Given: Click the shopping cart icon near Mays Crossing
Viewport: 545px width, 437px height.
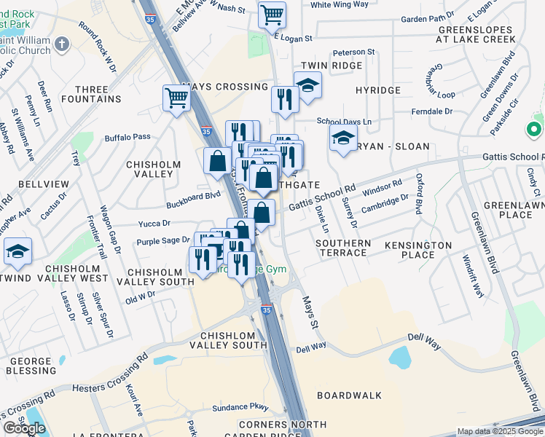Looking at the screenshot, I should coord(177,99).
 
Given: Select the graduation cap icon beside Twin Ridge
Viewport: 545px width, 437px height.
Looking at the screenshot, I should coord(308,85).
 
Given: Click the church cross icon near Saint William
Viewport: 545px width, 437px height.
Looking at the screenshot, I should coord(62,43).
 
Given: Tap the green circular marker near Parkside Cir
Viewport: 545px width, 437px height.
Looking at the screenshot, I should coord(534,130).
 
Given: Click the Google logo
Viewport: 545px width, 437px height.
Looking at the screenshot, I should coord(24,428).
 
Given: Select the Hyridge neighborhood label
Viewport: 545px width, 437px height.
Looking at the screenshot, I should coord(377,90).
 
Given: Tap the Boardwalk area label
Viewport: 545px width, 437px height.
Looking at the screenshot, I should coord(350,395).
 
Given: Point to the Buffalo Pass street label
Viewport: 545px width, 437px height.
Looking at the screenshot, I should coord(128,136).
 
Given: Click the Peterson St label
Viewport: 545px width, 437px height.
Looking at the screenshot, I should coord(353,52).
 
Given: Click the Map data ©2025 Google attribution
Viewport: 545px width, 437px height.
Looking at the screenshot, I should coord(500,431).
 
